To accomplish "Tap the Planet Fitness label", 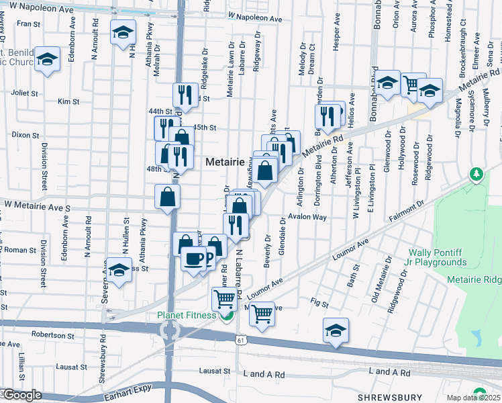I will pos(187,315).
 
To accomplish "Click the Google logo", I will pos(21,395).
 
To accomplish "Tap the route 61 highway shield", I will pos(250,341).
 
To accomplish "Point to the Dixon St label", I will pos(26,135).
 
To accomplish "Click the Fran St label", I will pos(28,24).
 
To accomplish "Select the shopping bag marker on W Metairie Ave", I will pos(167,197).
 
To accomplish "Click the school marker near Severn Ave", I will pos(119,271).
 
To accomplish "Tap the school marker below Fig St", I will pos(336,330).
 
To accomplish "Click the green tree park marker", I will pos(477,175).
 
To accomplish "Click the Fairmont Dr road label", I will pos(407,211).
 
